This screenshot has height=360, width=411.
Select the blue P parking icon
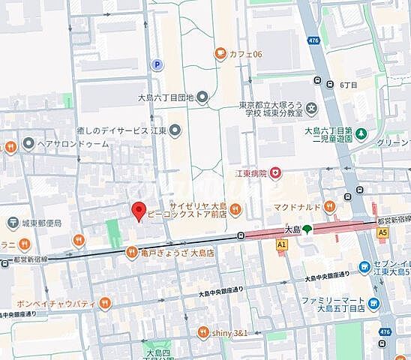[157, 65]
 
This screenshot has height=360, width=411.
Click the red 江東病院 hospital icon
[277, 173]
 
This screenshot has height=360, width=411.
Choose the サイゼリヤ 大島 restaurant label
[197, 207]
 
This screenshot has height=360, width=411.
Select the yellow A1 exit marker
[281, 244]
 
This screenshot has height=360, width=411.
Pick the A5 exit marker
[383, 233]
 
